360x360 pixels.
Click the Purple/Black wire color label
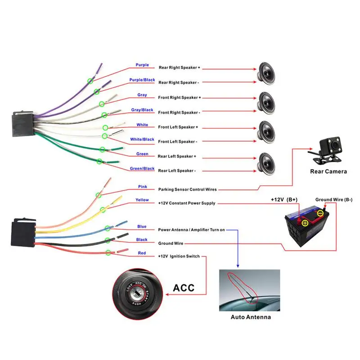click(142, 80)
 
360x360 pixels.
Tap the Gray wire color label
click(142, 95)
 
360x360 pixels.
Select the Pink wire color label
click(142, 186)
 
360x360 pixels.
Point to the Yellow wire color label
click(142, 200)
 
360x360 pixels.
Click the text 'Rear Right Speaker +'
click(179, 67)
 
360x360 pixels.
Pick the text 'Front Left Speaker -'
click(177, 142)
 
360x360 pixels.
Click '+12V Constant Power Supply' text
click(187, 203)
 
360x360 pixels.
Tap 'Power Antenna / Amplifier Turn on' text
click(191, 229)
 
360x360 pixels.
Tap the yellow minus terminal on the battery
click(320, 213)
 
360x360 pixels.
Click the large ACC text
click(184, 288)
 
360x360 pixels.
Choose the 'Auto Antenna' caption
click(251, 317)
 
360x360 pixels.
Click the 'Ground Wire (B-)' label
click(333, 199)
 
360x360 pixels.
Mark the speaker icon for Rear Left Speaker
click(266, 163)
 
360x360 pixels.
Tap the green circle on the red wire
click(108, 252)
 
